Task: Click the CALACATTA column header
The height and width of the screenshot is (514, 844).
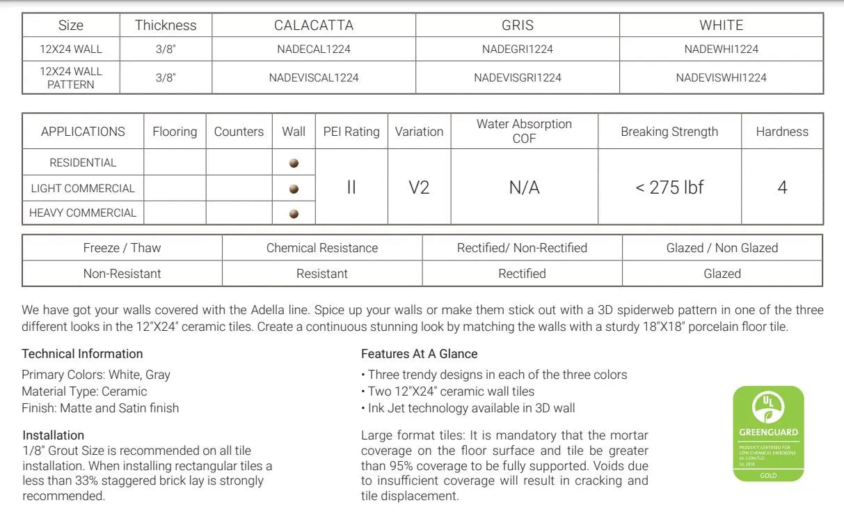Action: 314,26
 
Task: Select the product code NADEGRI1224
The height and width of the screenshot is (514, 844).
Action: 518,49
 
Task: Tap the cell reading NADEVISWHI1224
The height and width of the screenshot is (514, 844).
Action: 721,78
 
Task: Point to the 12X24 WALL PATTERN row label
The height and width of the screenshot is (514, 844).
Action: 71,78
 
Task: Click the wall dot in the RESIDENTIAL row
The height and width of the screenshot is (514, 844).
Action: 294,163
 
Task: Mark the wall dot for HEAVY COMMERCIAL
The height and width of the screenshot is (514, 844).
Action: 294,214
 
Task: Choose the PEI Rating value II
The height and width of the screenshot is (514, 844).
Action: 351,187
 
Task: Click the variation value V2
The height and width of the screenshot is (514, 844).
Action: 419,187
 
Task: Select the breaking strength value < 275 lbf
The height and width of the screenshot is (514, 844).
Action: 669,187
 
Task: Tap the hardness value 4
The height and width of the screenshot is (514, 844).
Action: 782,187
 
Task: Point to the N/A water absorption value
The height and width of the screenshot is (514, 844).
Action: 524,187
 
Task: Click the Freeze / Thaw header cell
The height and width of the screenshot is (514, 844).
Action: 122,248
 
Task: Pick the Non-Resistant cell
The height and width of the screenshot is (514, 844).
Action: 122,274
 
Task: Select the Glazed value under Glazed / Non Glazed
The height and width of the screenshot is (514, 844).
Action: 722,274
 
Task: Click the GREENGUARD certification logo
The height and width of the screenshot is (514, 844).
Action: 768,434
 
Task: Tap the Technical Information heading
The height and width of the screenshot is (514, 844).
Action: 82,354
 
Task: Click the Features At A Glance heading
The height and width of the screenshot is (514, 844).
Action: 419,354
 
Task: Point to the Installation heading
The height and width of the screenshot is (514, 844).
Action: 53,435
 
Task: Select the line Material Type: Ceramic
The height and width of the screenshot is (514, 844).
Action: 84,391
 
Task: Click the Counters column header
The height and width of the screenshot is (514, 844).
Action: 239,132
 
